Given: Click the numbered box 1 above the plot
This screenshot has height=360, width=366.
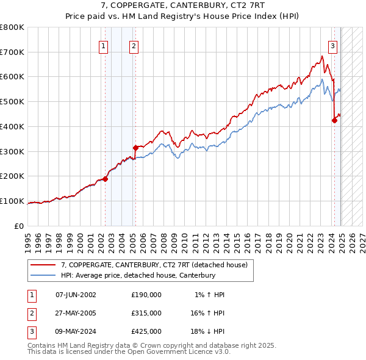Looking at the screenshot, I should coord(104,45).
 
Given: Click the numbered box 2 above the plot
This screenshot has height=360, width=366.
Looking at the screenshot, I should coord(134,45).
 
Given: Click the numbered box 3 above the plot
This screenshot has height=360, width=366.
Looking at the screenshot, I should coord(332,45).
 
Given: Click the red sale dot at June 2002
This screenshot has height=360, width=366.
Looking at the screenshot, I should coord(105,179).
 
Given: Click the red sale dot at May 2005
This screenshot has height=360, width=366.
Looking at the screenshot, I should coord(135,147).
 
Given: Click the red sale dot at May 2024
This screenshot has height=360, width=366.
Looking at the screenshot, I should coord(334,120).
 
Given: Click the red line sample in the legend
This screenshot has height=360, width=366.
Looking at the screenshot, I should coord(43,265).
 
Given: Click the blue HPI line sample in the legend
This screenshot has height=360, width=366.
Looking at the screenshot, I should coord(43,275).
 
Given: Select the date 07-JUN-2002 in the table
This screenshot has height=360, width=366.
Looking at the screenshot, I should coord(76,295).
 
